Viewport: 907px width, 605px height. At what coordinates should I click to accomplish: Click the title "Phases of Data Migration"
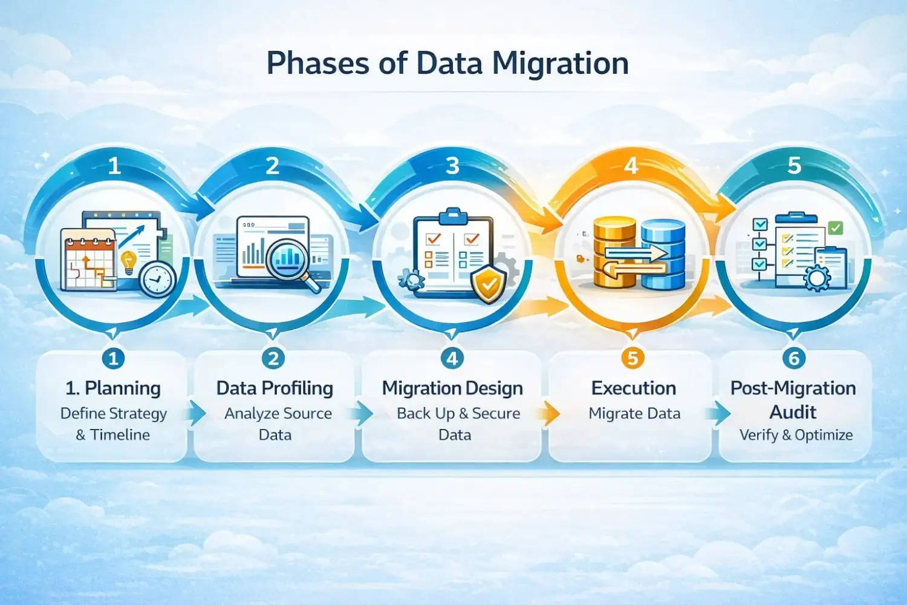pos(447,64)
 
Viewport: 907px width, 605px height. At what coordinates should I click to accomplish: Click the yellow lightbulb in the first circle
pos(128,262)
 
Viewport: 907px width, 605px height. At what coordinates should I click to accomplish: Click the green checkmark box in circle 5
pos(836,227)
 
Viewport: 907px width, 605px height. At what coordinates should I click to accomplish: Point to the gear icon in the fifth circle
pos(818,278)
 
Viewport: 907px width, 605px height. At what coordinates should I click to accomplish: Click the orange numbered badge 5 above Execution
pos(632,358)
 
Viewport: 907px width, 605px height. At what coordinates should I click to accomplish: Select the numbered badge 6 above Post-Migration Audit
pos(794,358)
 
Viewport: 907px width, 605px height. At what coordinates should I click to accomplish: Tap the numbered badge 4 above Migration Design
pos(452,358)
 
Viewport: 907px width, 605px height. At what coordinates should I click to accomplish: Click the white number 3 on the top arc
pos(452,166)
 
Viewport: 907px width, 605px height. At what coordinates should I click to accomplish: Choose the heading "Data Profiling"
pos(275,388)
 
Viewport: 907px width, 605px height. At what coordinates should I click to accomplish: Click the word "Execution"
pos(634,388)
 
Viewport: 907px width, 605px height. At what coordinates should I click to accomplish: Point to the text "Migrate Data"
pos(634,413)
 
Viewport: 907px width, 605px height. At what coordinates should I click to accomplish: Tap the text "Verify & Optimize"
pos(796,435)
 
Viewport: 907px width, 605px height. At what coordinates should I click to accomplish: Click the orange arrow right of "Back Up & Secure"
pos(550,414)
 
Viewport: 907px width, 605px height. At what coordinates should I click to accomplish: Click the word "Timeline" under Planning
pos(120,435)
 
